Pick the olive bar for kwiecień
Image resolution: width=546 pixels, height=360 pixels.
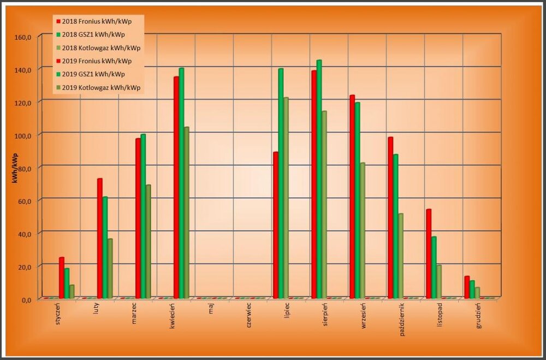pos(186,213)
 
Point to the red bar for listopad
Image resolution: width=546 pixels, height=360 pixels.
pos(429,253)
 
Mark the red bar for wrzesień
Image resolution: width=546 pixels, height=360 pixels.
pos(352,197)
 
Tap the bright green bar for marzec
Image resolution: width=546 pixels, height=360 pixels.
pos(143,216)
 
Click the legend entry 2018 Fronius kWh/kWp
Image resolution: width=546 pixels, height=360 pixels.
pos(99,21)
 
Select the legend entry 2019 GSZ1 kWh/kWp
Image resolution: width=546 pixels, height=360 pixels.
pos(96,74)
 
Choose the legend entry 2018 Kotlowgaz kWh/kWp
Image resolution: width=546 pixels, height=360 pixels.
pos(102,48)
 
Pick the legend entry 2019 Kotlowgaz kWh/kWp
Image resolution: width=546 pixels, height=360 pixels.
pos(102,87)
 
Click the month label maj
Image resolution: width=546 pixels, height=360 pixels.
pos(211,311)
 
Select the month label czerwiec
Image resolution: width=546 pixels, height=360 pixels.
pos(248,315)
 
